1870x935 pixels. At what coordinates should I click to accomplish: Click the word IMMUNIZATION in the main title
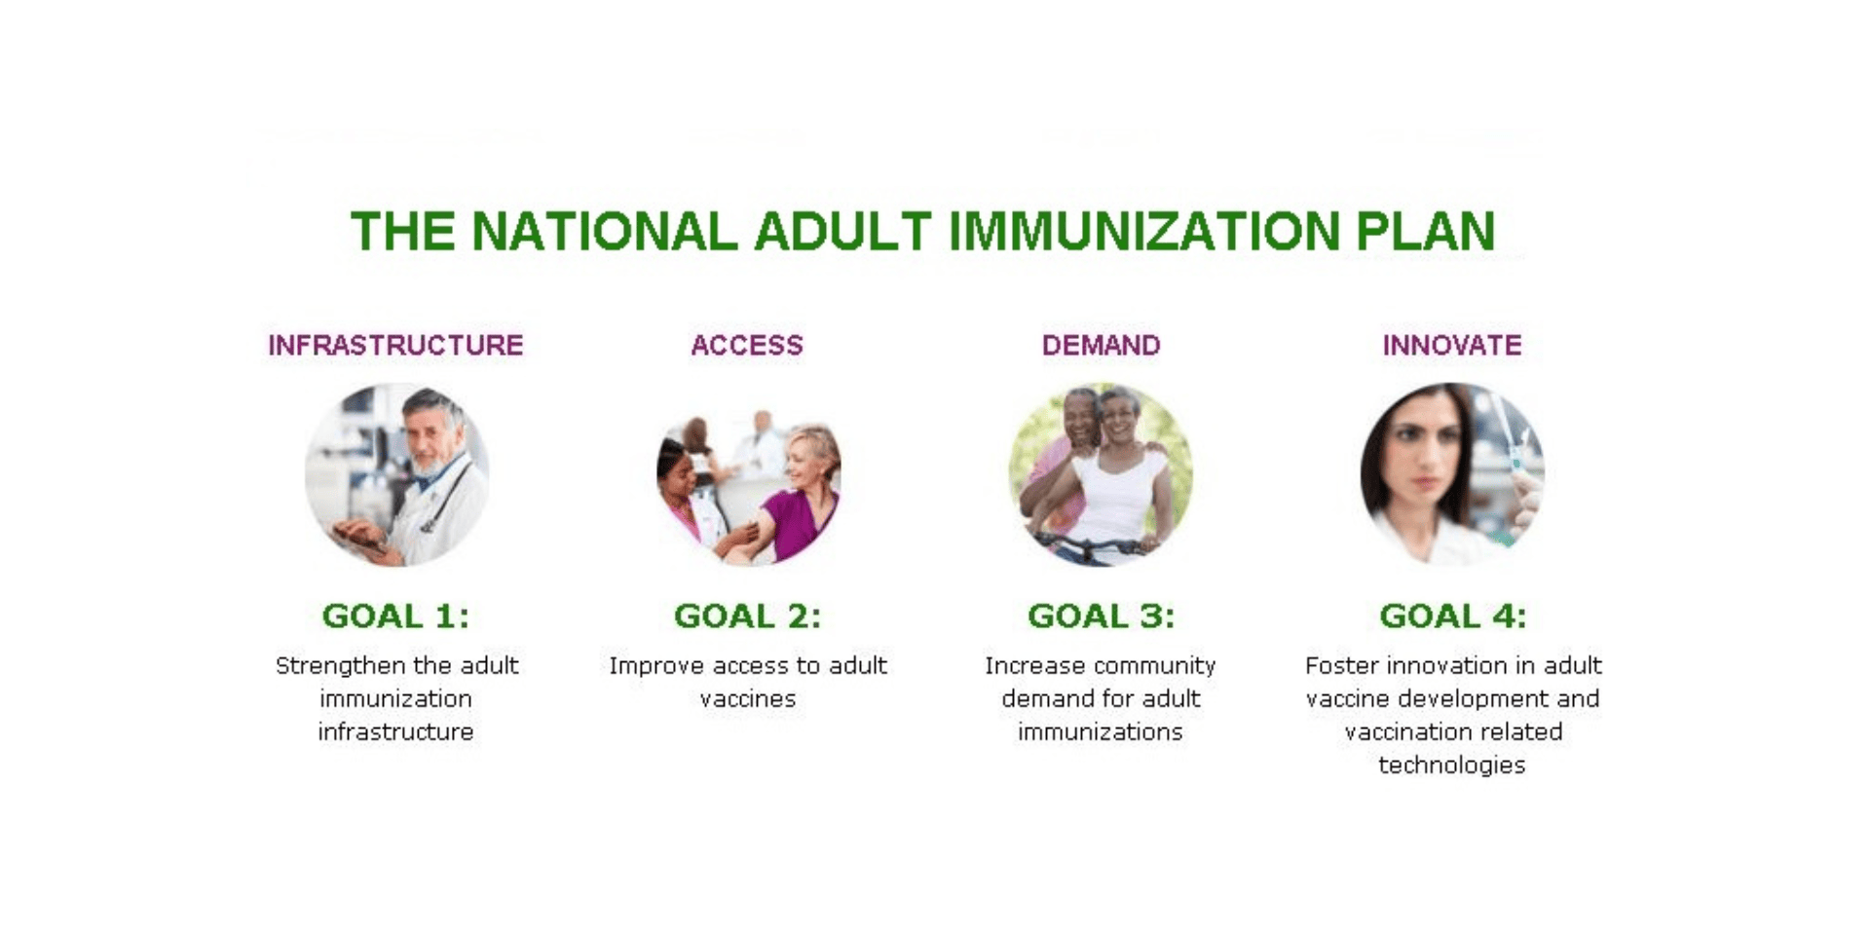[1143, 232]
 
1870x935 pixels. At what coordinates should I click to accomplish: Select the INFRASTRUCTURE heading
[395, 345]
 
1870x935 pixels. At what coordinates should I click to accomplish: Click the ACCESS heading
[747, 345]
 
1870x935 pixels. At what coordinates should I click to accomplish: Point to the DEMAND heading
[1101, 345]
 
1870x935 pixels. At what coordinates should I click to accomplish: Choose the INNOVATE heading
[1451, 345]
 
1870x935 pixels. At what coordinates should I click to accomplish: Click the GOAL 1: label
[395, 616]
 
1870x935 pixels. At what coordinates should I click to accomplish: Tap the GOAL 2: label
[747, 616]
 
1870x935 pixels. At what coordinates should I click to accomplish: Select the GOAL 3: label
[1101, 616]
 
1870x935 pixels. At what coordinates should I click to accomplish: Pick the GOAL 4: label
[1452, 616]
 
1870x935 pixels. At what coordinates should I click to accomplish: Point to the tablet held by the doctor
[355, 539]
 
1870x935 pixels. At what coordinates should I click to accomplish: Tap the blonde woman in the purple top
[804, 487]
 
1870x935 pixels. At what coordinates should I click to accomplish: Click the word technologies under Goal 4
[1451, 765]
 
